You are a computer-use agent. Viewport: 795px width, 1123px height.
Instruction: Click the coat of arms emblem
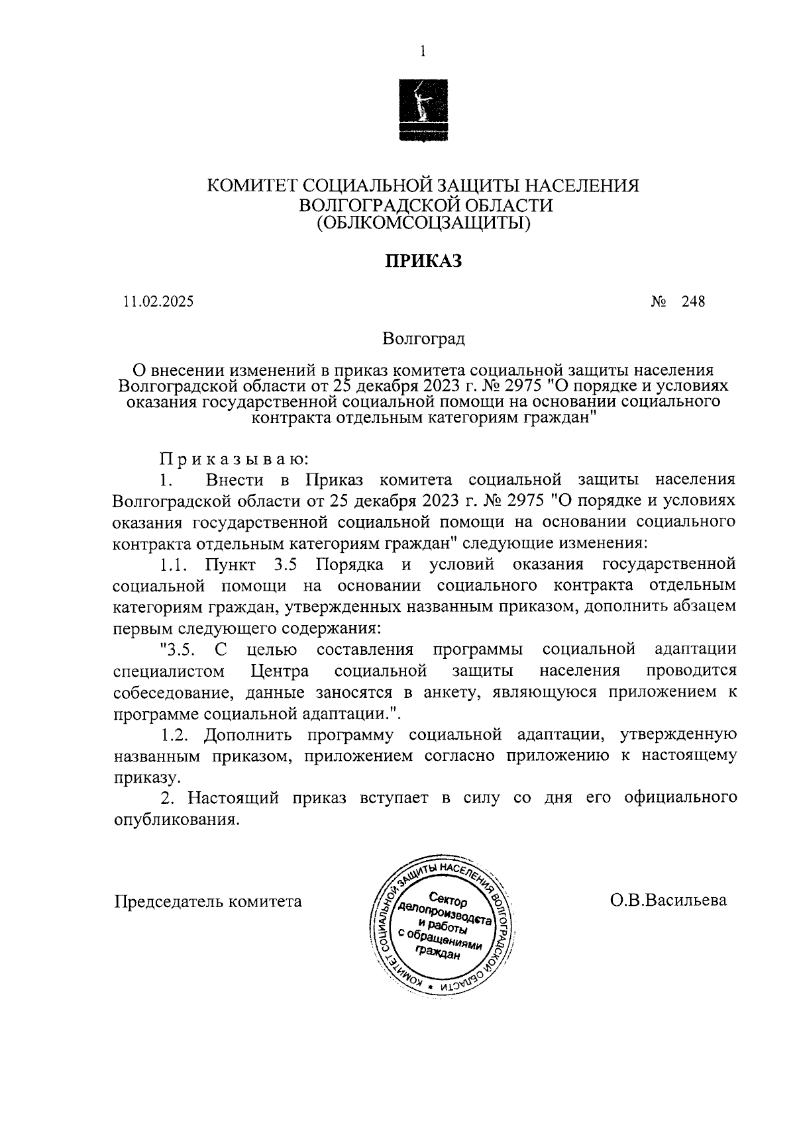pyautogui.click(x=422, y=109)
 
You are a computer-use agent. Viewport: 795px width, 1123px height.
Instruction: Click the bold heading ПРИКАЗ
pyautogui.click(x=423, y=261)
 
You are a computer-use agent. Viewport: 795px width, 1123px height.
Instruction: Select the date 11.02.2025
pyautogui.click(x=158, y=302)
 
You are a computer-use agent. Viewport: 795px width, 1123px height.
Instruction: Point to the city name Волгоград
pyautogui.click(x=423, y=339)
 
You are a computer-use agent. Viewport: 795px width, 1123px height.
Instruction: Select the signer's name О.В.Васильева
pyautogui.click(x=668, y=900)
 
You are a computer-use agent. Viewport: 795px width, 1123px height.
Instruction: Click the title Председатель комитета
pyautogui.click(x=208, y=901)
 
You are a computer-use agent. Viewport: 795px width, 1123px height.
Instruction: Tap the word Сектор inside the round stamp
pyautogui.click(x=448, y=900)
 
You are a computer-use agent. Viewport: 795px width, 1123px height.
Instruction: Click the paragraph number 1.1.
pyautogui.click(x=175, y=564)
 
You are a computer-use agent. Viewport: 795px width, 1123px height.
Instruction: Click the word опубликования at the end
pyautogui.click(x=175, y=819)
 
